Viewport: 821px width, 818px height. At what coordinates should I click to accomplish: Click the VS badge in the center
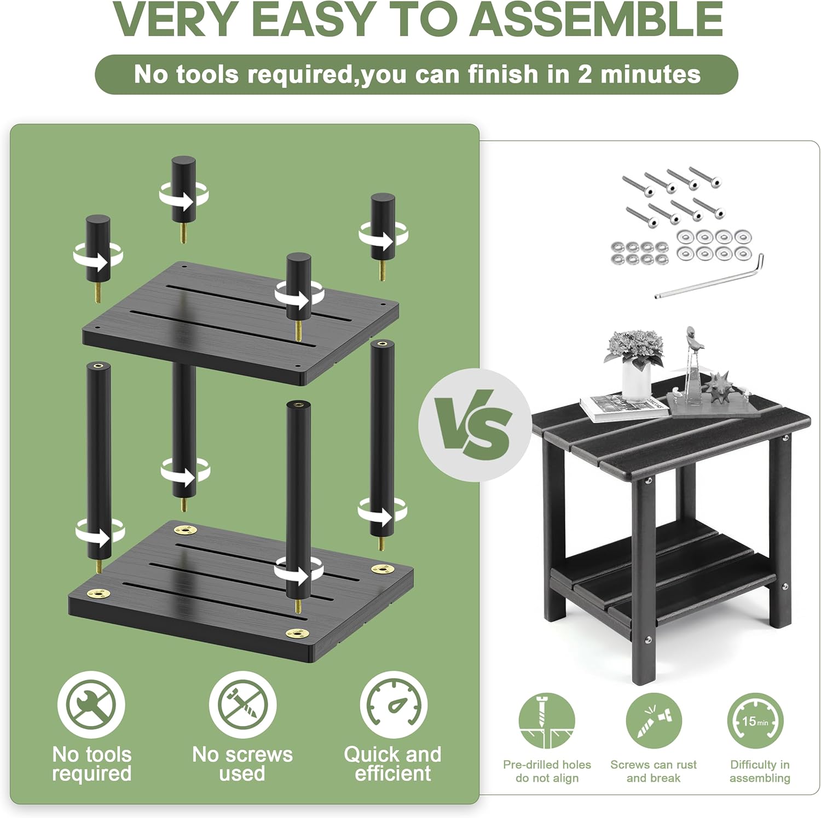click(475, 425)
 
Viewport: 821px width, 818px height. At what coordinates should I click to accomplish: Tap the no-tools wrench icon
click(91, 705)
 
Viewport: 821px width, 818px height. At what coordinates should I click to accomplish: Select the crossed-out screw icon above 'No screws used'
click(242, 705)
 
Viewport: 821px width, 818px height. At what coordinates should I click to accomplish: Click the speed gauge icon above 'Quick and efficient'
click(394, 705)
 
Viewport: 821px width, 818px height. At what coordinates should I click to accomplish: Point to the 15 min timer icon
click(755, 722)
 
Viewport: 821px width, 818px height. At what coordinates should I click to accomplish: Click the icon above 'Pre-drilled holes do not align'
click(546, 722)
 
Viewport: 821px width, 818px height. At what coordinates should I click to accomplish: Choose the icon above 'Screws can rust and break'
click(654, 722)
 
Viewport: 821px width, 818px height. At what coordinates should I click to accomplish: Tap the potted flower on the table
click(635, 364)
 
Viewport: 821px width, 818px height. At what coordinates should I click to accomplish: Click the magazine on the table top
click(624, 408)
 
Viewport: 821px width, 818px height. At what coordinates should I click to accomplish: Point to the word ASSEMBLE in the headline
click(597, 19)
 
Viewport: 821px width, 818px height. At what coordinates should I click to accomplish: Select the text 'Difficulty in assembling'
click(760, 771)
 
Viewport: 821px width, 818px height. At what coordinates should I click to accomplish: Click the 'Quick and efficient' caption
click(393, 764)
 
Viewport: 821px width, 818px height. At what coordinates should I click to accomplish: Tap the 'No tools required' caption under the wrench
click(92, 764)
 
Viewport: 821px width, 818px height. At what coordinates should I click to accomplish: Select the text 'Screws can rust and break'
click(654, 771)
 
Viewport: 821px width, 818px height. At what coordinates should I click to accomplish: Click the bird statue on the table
click(691, 364)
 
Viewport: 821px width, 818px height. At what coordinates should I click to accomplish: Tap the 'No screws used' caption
click(242, 764)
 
